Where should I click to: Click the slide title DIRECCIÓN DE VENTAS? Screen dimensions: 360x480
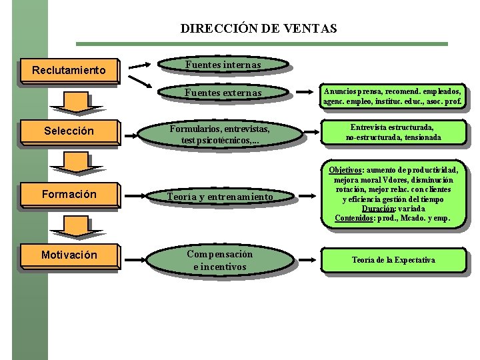pyautogui.click(x=259, y=29)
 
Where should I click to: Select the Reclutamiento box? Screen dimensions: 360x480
pyautogui.click(x=69, y=69)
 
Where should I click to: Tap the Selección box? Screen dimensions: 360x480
pyautogui.click(x=69, y=131)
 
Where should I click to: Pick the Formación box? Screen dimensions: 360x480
pyautogui.click(x=69, y=194)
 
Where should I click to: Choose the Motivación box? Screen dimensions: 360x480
pyautogui.click(x=69, y=255)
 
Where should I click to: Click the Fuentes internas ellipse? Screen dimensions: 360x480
pyautogui.click(x=223, y=65)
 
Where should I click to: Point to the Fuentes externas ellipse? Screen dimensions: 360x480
pyautogui.click(x=223, y=93)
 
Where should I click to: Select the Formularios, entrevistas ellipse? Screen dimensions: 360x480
pyautogui.click(x=219, y=133)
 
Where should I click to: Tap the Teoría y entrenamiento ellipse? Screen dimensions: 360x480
pyautogui.click(x=219, y=197)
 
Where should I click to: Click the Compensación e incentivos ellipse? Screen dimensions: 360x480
pyautogui.click(x=219, y=260)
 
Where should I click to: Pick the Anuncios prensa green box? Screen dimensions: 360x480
pyautogui.click(x=393, y=96)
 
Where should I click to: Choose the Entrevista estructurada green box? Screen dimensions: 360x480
pyautogui.click(x=393, y=132)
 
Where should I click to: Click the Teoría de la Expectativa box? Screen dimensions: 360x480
pyautogui.click(x=393, y=260)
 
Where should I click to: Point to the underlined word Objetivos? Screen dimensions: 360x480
pyautogui.click(x=345, y=171)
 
